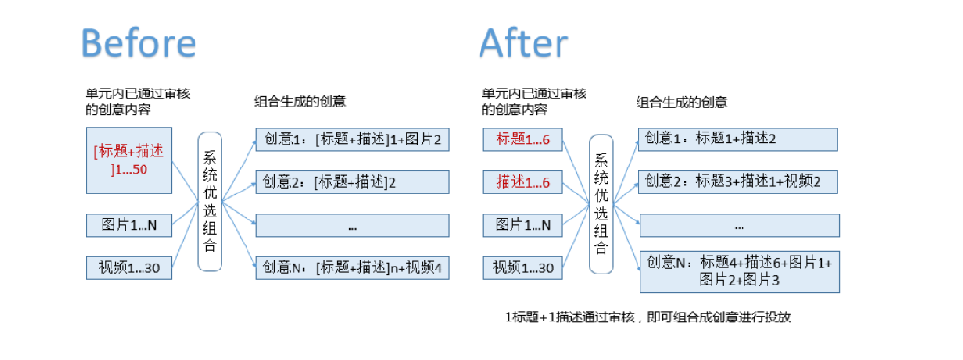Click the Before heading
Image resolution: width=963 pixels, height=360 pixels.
point(139,43)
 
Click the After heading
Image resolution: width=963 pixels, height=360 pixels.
point(523,43)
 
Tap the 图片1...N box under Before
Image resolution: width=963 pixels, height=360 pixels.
point(129,225)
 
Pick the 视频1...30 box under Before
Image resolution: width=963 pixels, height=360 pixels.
point(129,267)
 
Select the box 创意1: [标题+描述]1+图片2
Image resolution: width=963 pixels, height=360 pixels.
point(352,139)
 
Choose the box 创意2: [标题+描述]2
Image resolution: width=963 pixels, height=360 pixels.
point(352,181)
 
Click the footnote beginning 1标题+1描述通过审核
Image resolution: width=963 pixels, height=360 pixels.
point(647,316)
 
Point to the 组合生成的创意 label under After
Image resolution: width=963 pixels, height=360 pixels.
point(681,101)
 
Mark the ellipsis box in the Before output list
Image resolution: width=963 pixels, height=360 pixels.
point(352,225)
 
